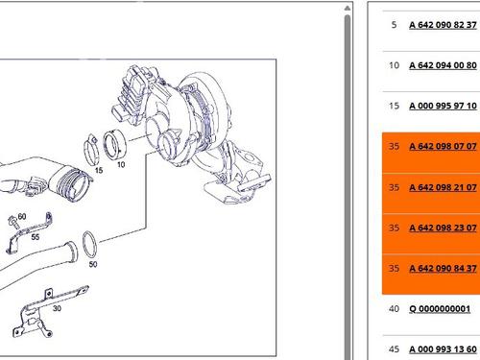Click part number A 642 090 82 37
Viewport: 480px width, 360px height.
point(443,25)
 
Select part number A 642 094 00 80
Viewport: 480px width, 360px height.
point(443,65)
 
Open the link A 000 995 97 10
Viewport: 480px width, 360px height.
point(443,106)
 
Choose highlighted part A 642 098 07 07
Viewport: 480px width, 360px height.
point(443,147)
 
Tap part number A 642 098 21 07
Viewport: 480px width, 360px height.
point(443,187)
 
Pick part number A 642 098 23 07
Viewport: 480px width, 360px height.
point(443,228)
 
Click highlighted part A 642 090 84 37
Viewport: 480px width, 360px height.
point(443,268)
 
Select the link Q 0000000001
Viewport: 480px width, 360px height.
point(440,309)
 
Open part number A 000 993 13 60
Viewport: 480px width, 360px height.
point(443,349)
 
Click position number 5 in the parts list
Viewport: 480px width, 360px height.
point(394,25)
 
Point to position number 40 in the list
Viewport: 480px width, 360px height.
point(394,309)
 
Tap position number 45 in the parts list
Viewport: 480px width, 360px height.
point(394,349)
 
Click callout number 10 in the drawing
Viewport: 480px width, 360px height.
point(121,165)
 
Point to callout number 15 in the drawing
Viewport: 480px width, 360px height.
point(99,170)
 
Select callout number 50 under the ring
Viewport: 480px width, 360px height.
point(93,264)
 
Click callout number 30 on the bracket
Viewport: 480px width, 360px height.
point(57,308)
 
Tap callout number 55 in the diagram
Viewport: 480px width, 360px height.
point(36,237)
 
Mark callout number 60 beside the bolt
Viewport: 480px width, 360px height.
point(22,217)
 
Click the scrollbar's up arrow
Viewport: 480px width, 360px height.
point(348,9)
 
